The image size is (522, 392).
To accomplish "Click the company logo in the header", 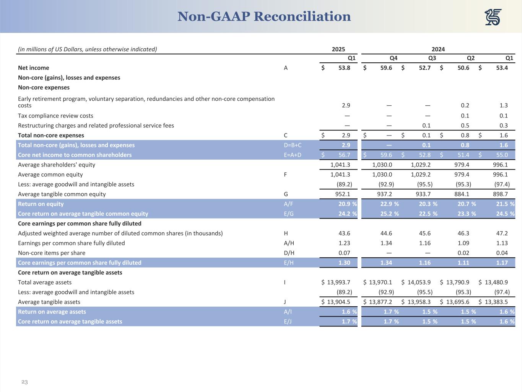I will pos(493,17).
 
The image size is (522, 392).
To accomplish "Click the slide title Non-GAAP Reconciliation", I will pos(264,16).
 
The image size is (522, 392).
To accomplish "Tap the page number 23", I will pos(24,382).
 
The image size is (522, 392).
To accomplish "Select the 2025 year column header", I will pos(338,49).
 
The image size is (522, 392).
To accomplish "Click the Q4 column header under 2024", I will pos(393,58).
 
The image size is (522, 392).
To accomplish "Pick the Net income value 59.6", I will pos(386,68).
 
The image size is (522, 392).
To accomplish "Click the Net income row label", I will pos(34,68).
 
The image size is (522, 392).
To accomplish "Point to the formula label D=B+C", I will pos(290,145).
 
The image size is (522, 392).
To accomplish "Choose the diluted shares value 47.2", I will pos(502,233).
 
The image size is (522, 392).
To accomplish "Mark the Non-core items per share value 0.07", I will pos(344,253).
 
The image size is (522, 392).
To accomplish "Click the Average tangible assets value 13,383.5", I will pos(496,302).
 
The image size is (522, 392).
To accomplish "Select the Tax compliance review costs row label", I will pos(55,116).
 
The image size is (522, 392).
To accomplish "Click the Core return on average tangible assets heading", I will pos(70,273).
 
